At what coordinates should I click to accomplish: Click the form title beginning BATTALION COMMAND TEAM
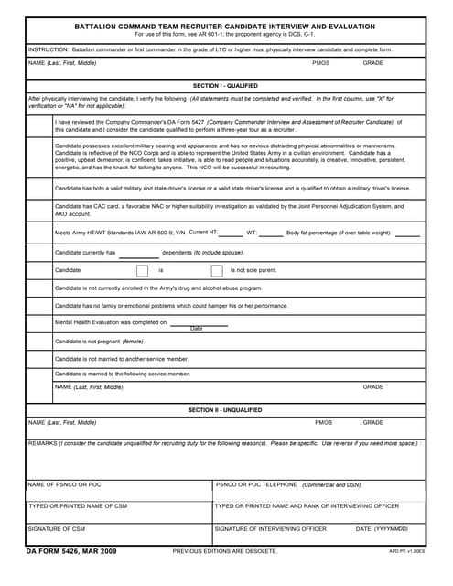coord(225,27)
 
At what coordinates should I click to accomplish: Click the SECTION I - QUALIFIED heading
coord(225,84)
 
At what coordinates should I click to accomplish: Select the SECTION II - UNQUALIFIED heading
coord(225,410)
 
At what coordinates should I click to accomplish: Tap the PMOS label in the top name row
coord(320,63)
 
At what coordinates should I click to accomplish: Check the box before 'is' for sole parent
coord(142,270)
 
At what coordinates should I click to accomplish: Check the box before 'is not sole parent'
coord(217,270)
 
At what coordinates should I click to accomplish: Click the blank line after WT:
coord(271,234)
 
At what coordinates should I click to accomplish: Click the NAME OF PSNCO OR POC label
coord(64,484)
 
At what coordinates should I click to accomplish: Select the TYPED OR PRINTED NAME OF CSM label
coord(78,506)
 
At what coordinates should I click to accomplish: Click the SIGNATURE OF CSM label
coord(56,528)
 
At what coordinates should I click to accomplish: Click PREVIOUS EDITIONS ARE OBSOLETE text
coord(225,551)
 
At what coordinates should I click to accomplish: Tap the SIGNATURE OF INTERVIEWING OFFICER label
coord(270,528)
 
